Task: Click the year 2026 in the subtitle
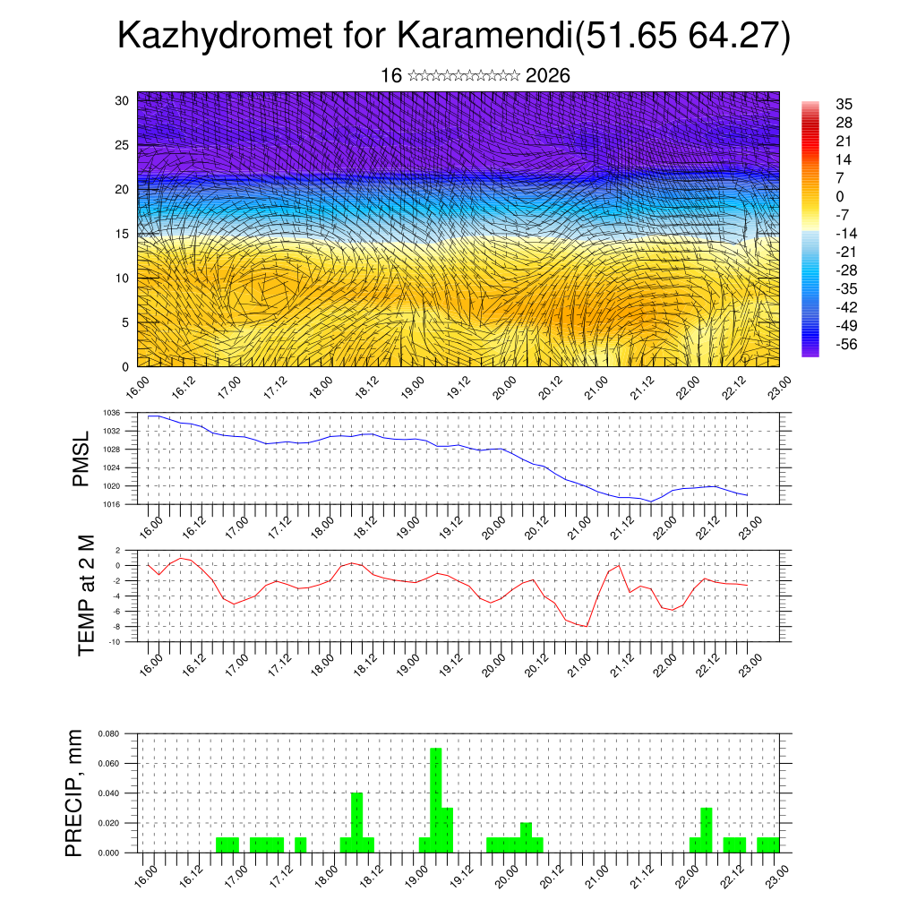tap(548, 75)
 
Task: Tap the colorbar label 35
tap(844, 104)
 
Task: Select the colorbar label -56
tap(844, 344)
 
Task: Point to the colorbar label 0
tap(840, 196)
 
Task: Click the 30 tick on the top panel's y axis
tap(123, 100)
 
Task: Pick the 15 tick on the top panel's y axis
tap(123, 234)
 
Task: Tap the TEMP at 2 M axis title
tap(86, 595)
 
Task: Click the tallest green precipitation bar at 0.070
tap(436, 800)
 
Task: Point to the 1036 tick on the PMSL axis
tap(111, 413)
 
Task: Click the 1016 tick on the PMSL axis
tap(111, 504)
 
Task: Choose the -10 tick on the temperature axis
tap(115, 641)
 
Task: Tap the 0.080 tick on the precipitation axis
tap(108, 733)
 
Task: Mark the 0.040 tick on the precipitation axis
tap(108, 793)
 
